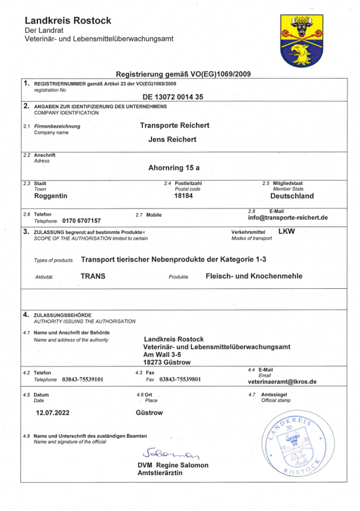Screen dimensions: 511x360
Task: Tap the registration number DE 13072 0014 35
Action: tap(173, 97)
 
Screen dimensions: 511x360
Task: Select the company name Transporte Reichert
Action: tap(174, 125)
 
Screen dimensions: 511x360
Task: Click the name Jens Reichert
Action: tap(172, 139)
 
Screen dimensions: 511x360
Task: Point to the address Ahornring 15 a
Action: tap(173, 167)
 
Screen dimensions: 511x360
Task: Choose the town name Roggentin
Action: tap(51, 195)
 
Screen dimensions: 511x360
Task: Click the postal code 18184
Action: tap(184, 195)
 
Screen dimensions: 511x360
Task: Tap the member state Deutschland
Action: tap(292, 196)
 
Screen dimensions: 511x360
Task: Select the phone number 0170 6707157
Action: tap(82, 220)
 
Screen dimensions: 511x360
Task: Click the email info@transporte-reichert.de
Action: tap(288, 218)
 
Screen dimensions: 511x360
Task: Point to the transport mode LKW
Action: tap(286, 231)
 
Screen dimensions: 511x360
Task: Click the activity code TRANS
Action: tap(93, 276)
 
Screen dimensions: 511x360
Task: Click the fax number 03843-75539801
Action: tap(180, 379)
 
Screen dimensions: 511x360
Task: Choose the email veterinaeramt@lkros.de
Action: tap(282, 382)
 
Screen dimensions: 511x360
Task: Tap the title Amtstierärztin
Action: tap(160, 473)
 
